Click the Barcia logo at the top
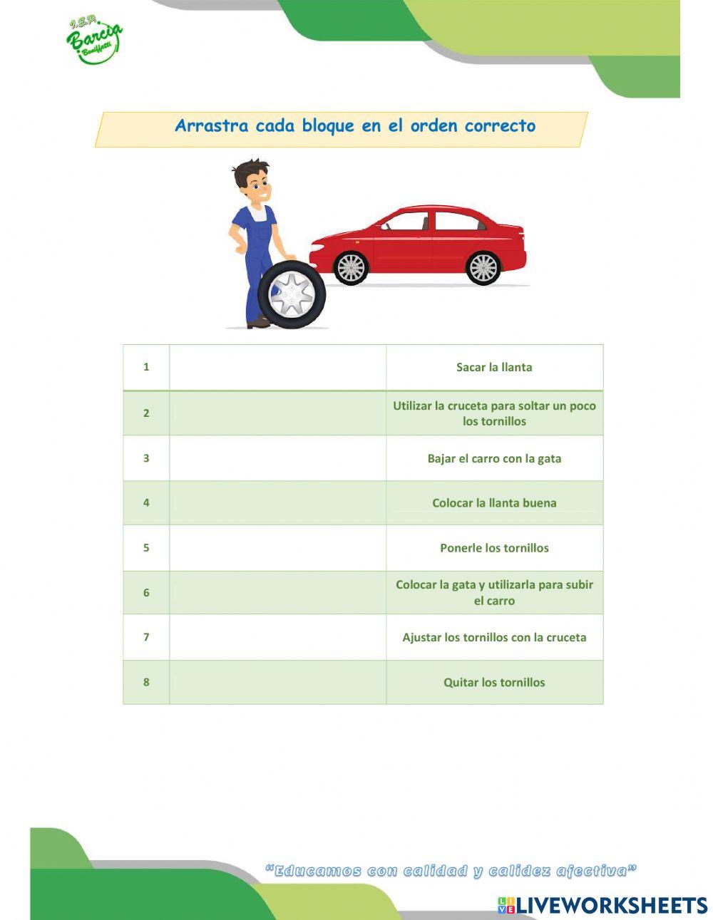click(x=94, y=41)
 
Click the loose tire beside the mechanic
click(x=292, y=294)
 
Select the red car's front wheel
click(x=351, y=268)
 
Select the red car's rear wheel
click(x=483, y=268)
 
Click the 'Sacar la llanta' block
click(x=494, y=368)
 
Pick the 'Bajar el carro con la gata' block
click(x=494, y=458)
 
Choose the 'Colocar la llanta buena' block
click(x=494, y=502)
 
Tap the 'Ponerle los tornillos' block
click(x=494, y=548)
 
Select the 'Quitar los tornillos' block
click(x=494, y=682)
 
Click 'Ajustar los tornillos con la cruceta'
click(x=494, y=637)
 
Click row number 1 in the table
click(x=146, y=367)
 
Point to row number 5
click(x=146, y=548)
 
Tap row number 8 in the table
click(x=146, y=682)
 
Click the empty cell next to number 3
click(x=277, y=458)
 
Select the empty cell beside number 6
click(x=277, y=592)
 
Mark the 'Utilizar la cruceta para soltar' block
click(x=494, y=413)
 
